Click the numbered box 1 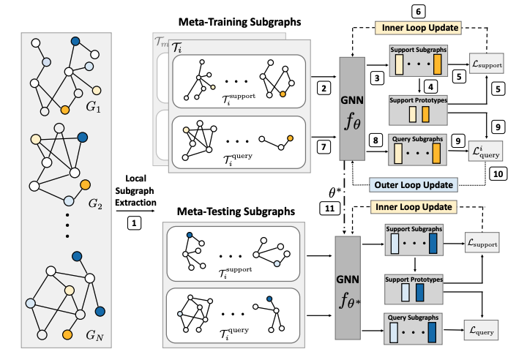coord(135,220)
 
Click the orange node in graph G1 coord(65,110)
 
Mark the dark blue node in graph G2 coord(83,137)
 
